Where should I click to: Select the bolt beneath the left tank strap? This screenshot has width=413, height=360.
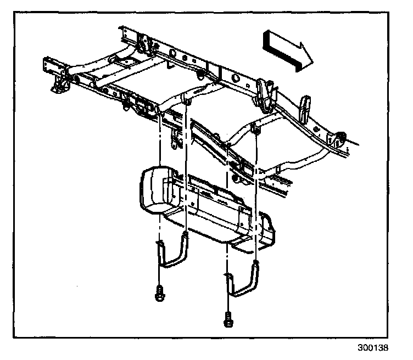(158, 294)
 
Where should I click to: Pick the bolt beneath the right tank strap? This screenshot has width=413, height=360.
(227, 319)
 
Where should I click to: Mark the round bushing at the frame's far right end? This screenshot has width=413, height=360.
(341, 137)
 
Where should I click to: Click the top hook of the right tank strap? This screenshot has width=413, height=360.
(255, 266)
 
